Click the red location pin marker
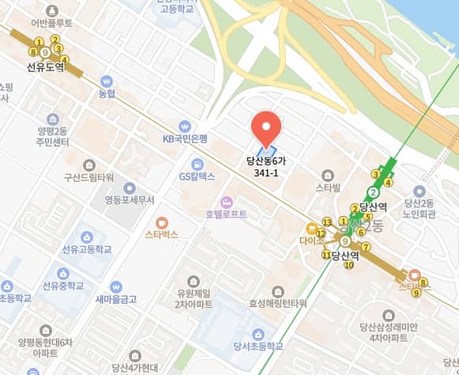pyautogui.click(x=266, y=130)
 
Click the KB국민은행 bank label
pyautogui.click(x=184, y=138)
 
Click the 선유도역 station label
pyautogui.click(x=45, y=68)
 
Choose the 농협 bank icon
pyautogui.click(x=107, y=81)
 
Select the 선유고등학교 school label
pyautogui.click(x=87, y=249)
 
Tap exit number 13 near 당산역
pyautogui.click(x=326, y=222)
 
